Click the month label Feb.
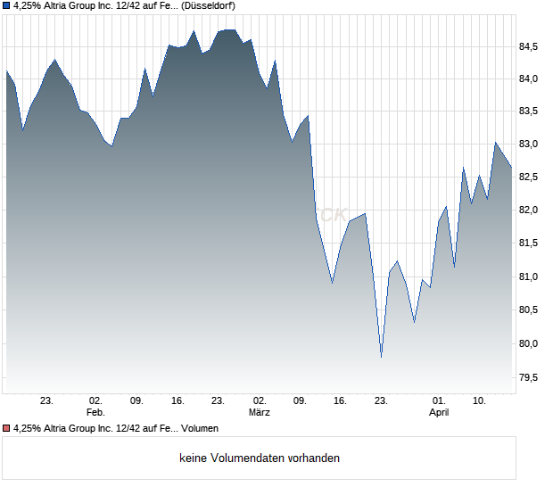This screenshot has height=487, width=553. point(95,413)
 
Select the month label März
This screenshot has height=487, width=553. point(260,413)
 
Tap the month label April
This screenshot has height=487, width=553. point(439,413)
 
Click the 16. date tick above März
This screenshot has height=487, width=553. point(340,401)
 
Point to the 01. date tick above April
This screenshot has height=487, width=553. point(439,401)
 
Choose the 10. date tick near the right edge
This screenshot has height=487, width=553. point(480,401)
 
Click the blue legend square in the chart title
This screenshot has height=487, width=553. point(6,6)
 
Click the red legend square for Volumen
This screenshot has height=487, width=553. point(6,429)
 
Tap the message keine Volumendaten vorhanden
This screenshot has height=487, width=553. point(260,458)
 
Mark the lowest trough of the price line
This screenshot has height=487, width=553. point(381,357)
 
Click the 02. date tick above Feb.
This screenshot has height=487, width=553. point(95,401)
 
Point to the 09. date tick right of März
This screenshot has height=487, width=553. point(301,401)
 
